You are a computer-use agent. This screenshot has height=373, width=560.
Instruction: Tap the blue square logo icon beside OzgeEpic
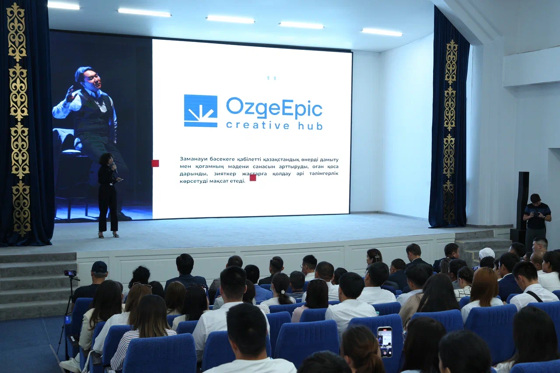click(x=200, y=111)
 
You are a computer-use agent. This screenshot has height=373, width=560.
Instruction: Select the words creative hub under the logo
click(x=274, y=125)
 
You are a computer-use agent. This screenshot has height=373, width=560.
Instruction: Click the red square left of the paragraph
click(x=155, y=164)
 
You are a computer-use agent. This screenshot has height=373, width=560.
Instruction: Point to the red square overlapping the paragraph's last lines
click(x=253, y=178)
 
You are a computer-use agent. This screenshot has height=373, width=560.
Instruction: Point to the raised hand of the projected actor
click(x=71, y=94)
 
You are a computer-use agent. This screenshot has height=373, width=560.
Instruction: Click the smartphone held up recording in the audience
click(x=385, y=342)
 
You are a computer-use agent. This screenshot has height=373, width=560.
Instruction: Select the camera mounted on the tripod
click(x=70, y=273)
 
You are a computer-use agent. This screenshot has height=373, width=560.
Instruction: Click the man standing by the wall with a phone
click(x=537, y=222)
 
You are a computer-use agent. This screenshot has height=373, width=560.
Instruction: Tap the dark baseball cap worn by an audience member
click(x=99, y=267)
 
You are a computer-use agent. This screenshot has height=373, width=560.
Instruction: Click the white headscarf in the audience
click(x=486, y=253)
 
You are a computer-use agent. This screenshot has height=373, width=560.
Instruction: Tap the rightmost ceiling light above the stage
click(x=381, y=32)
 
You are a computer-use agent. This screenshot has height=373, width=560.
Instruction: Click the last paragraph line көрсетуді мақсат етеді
click(x=213, y=181)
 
